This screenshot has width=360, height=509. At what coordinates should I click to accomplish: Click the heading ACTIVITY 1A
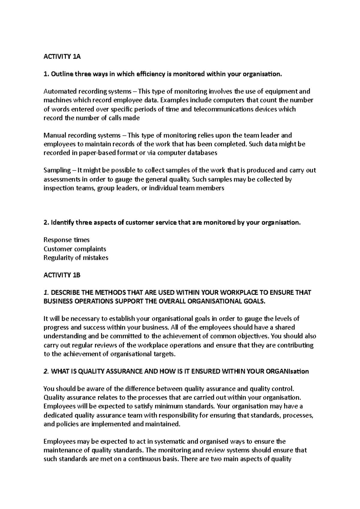tap(62, 57)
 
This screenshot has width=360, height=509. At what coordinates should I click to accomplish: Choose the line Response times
tap(67, 240)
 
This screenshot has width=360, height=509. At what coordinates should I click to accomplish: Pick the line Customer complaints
tap(75, 249)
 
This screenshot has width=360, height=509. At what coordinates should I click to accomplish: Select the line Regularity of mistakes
tap(76, 257)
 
